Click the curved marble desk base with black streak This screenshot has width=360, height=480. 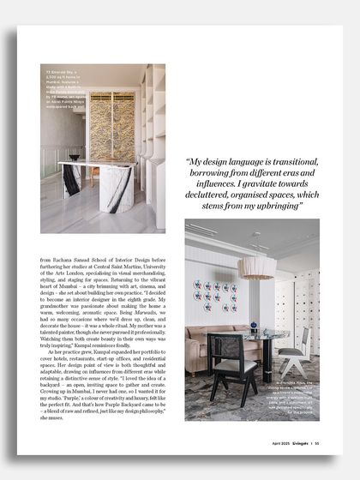116,190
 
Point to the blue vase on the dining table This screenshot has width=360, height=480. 253,327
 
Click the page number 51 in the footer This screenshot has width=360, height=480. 316,443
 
